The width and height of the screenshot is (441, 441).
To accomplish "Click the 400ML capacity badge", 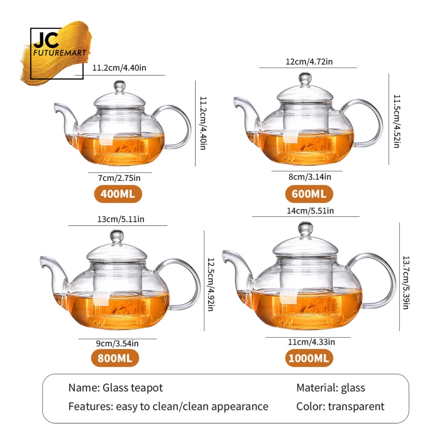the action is (118, 194).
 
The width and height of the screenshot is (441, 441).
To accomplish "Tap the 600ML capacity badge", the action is (309, 194).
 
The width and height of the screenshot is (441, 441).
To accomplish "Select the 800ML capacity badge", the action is (115, 358).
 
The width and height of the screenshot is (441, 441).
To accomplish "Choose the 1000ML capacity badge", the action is (309, 358).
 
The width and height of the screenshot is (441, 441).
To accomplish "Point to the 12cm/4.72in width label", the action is (309, 62).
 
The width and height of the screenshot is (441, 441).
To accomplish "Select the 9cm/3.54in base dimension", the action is (117, 343).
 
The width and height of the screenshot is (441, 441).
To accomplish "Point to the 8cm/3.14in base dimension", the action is (307, 177).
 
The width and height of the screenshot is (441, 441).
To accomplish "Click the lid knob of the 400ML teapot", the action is (119, 85).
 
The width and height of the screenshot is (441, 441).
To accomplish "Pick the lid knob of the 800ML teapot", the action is (116, 235).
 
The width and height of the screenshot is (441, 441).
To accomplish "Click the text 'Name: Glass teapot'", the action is (115, 388).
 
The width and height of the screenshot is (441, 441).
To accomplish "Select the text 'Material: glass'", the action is (330, 388).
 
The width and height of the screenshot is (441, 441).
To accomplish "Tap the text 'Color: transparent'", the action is (340, 406).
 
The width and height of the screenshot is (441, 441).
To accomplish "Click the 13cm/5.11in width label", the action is (118, 219).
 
